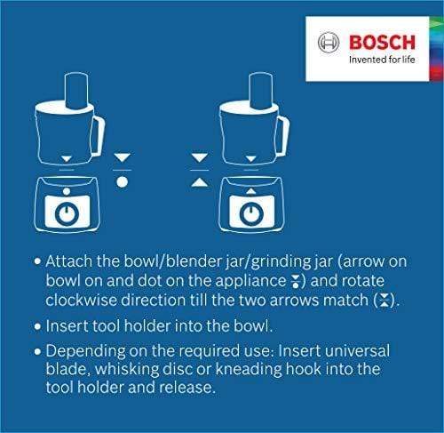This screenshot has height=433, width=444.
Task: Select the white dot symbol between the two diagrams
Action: pos(123,180)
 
